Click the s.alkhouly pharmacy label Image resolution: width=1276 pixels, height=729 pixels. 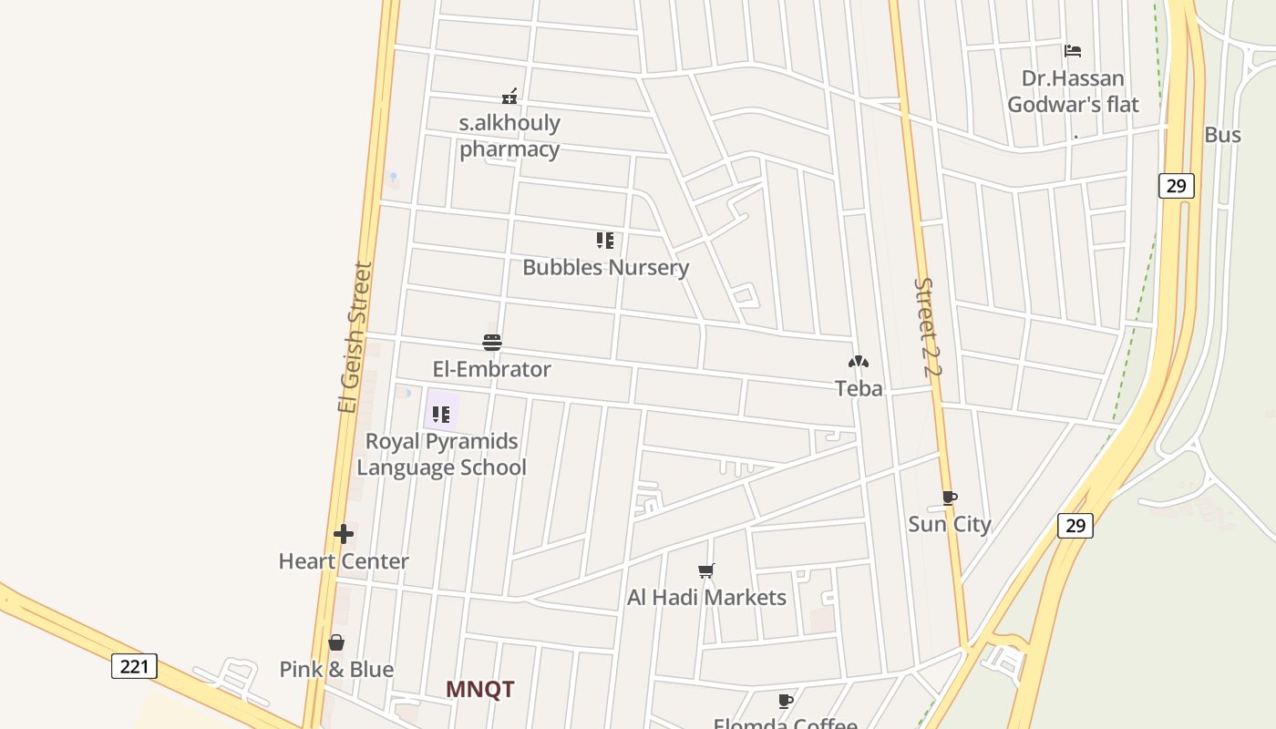509,136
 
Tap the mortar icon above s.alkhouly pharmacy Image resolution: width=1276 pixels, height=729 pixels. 509,96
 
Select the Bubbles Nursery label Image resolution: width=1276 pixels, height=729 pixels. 605,267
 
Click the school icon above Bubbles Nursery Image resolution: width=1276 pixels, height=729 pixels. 605,241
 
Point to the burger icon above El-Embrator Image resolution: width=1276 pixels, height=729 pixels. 492,343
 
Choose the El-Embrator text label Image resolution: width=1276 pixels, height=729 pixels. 492,369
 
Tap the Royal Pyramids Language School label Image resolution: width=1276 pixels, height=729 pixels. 441,454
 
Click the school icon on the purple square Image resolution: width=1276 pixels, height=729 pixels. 441,415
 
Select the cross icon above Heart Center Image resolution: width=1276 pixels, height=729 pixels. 344,534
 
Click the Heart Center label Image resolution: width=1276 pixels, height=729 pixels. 344,560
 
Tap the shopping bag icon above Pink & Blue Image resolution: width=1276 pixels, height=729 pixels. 336,643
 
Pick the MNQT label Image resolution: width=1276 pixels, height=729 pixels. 480,689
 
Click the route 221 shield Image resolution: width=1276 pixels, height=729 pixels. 134,666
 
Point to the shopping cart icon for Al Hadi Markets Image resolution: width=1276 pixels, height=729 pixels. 706,571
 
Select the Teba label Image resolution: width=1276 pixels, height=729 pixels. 859,388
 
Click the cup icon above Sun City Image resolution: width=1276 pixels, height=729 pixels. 950,498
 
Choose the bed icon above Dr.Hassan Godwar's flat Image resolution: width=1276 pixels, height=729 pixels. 1073,51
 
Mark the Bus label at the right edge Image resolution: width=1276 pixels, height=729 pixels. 1222,135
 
